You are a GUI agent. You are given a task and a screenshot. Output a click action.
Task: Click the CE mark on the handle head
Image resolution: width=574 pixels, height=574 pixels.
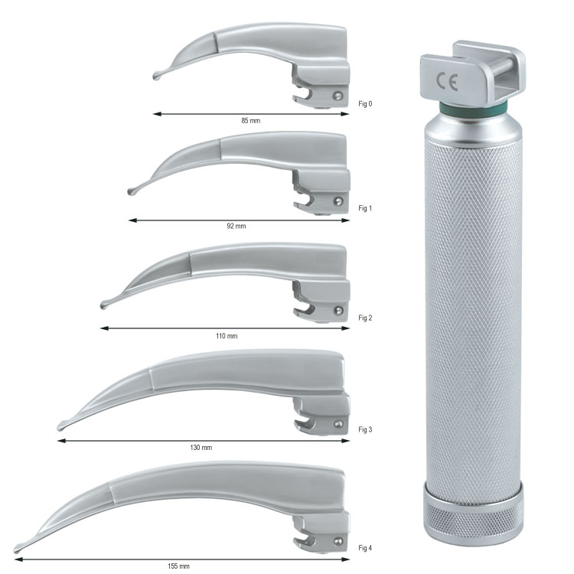(x=447, y=82)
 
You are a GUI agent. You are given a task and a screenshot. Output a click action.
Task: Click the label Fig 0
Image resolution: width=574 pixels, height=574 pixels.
(x=365, y=104)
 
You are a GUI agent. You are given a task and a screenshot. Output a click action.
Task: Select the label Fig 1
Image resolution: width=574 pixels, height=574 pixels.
(x=365, y=208)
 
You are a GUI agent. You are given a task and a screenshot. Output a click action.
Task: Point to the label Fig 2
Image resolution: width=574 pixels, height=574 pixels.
(x=365, y=318)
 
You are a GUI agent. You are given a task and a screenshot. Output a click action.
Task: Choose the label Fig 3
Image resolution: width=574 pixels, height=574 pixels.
(x=365, y=429)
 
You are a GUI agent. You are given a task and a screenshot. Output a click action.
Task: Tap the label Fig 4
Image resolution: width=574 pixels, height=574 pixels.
(x=365, y=548)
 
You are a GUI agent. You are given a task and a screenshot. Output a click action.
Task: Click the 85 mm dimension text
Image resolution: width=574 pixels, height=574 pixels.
(x=251, y=120)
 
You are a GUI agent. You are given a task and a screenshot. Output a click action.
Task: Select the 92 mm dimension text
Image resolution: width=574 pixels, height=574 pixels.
(x=236, y=227)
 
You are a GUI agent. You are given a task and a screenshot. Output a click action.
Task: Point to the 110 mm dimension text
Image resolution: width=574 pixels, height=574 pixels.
(x=227, y=336)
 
